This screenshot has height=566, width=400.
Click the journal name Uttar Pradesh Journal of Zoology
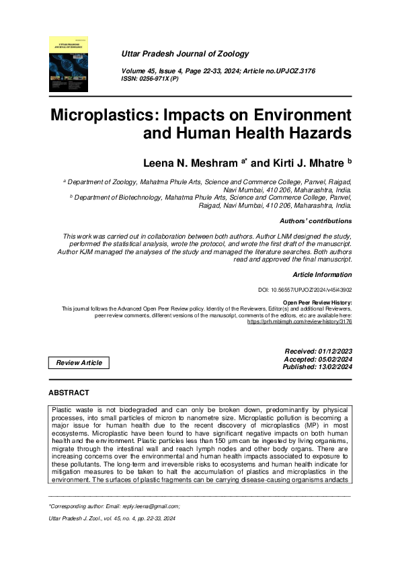pyautogui.click(x=182, y=52)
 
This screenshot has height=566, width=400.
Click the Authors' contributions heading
pyautogui.click(x=315, y=220)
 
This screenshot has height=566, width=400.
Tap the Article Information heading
pyautogui.click(x=322, y=275)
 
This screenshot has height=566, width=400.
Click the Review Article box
pyautogui.click(x=79, y=363)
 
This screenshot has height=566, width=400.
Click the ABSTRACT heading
pyautogui.click(x=69, y=392)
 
